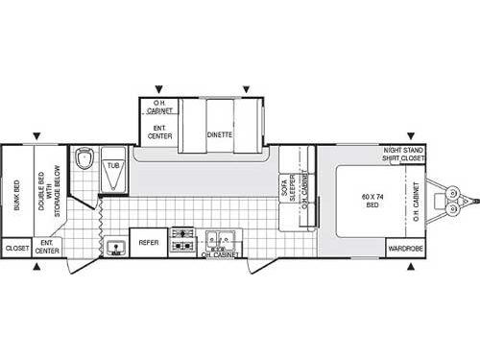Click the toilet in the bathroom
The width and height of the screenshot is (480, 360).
click(84, 158)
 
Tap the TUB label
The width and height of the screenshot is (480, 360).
click(113, 165)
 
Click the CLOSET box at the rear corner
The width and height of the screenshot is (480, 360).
click(17, 249)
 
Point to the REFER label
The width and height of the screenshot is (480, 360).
click(148, 244)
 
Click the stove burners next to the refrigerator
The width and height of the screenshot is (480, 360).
click(182, 240)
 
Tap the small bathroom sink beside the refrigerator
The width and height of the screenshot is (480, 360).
click(115, 247)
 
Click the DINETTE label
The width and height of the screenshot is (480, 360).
click(220, 135)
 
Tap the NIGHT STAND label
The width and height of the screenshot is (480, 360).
click(403, 151)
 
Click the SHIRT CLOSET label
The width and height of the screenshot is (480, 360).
click(403, 159)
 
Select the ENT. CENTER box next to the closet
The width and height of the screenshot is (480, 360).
click(49, 249)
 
